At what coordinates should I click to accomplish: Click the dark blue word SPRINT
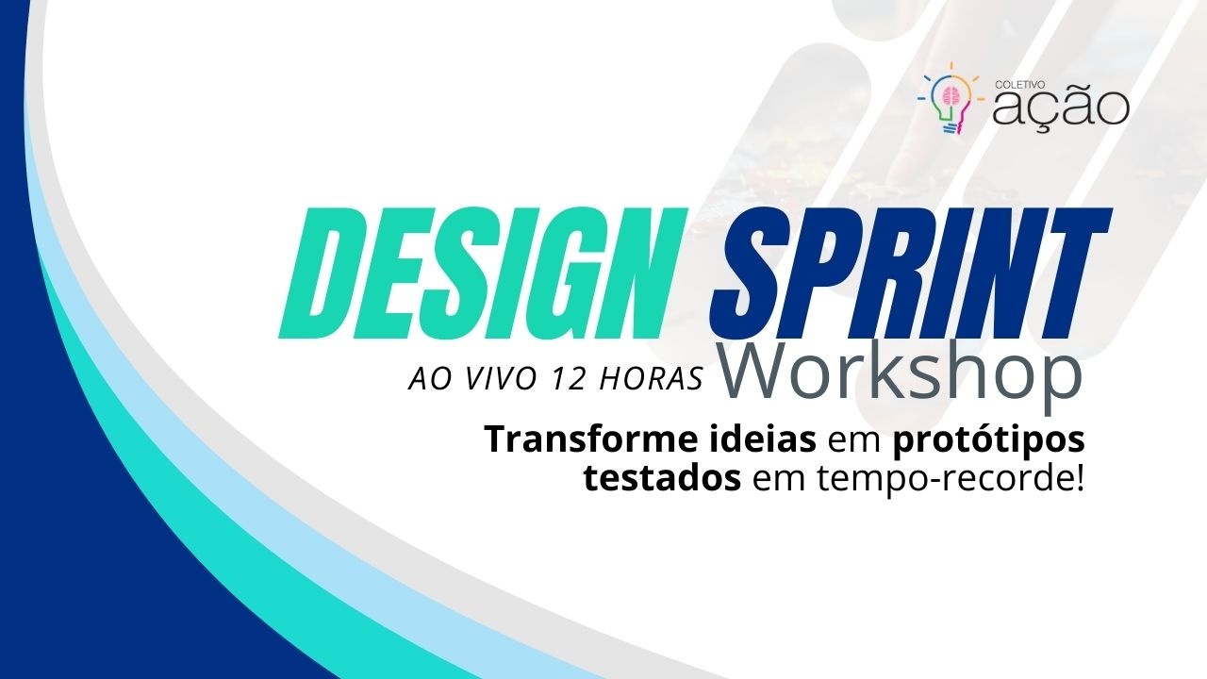point(911,273)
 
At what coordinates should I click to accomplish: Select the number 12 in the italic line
point(570,379)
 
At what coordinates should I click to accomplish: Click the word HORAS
point(651,379)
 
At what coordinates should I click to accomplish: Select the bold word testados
point(663,480)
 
